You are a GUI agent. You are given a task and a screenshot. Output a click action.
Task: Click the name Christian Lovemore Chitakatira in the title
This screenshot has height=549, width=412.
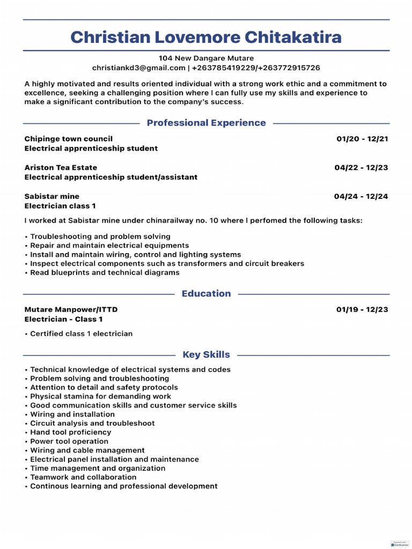click(206, 37)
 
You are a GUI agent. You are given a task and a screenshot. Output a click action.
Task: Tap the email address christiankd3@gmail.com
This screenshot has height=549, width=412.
click(138, 68)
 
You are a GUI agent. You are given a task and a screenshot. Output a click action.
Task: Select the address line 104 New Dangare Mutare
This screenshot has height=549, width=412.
click(206, 58)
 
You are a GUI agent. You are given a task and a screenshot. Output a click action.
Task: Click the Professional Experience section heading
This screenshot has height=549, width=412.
click(206, 123)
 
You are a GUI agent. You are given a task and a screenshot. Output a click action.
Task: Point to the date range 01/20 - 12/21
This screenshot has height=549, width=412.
click(362, 139)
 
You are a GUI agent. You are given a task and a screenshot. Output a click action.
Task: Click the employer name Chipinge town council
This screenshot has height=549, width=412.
click(69, 139)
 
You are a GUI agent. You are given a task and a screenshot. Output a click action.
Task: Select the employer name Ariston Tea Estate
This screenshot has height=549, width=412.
click(61, 168)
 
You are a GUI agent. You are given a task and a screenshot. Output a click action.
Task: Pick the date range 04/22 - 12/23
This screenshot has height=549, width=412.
click(361, 168)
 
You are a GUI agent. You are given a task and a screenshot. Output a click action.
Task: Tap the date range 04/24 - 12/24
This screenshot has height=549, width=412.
click(360, 197)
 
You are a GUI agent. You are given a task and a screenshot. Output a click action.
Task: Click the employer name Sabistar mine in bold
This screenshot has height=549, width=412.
click(51, 197)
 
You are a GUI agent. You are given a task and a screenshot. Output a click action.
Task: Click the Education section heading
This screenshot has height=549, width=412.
click(206, 293)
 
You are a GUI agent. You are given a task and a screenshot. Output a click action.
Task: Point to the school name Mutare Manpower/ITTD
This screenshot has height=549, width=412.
click(71, 310)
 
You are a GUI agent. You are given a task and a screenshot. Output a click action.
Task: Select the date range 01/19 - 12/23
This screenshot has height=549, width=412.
click(362, 310)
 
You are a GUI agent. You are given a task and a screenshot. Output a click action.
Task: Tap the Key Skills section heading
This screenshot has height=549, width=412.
click(206, 354)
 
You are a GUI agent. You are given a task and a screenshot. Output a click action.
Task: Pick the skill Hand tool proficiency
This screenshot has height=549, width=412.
click(70, 432)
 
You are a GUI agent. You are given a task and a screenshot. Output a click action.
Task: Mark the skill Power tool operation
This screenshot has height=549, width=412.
click(69, 441)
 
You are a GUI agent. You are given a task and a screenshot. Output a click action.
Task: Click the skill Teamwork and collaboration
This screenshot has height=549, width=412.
click(83, 477)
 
